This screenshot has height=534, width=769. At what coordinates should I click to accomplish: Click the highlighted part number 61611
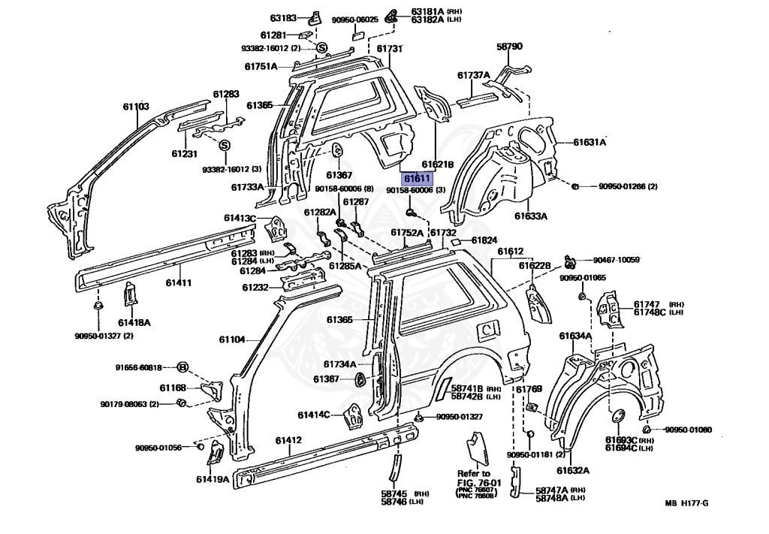[418, 180]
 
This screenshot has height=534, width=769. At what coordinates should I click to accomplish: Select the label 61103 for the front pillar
[136, 107]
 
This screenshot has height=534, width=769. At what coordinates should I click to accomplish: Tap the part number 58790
[508, 47]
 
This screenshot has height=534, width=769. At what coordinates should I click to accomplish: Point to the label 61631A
[590, 141]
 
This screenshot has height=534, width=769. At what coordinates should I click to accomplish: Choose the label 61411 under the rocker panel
[179, 282]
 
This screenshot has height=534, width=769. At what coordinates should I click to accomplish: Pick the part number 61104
[232, 339]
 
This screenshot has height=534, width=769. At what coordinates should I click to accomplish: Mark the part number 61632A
[573, 471]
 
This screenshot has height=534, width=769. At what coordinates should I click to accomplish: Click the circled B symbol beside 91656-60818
[182, 367]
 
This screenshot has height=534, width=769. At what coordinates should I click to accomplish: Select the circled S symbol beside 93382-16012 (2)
[321, 49]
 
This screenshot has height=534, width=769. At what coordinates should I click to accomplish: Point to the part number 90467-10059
[616, 259]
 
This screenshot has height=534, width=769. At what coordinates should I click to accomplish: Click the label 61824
[484, 240]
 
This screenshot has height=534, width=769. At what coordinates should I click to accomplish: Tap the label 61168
[172, 388]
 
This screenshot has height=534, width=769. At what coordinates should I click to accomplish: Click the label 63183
[284, 17]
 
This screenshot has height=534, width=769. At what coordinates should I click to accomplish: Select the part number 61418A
[134, 322]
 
